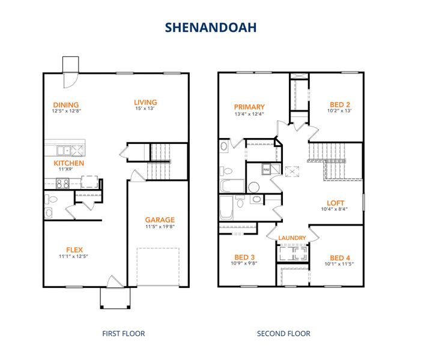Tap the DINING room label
coord(65,104)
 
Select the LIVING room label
coord(145,102)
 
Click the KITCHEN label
coord(69,163)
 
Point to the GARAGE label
coord(160,220)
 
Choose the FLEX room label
coord(74,250)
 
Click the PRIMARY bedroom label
coord(249,107)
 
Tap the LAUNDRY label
coord(292,238)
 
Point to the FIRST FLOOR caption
coord(123,334)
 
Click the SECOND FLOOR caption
coord(283,334)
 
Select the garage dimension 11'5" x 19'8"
coord(160,227)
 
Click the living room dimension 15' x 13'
coord(145,109)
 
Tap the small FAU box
coord(266,170)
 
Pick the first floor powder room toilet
coord(52,199)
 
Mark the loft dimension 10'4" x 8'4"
coord(335,209)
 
